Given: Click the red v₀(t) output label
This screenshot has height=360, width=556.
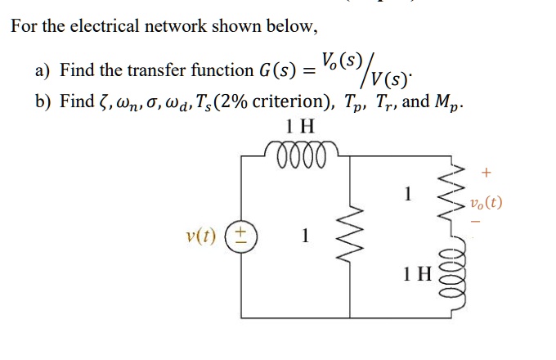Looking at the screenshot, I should coord(486,200).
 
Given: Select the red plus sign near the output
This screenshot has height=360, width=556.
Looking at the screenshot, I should coord(488,173).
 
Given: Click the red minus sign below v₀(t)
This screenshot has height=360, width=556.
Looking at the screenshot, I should coord(488,223).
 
